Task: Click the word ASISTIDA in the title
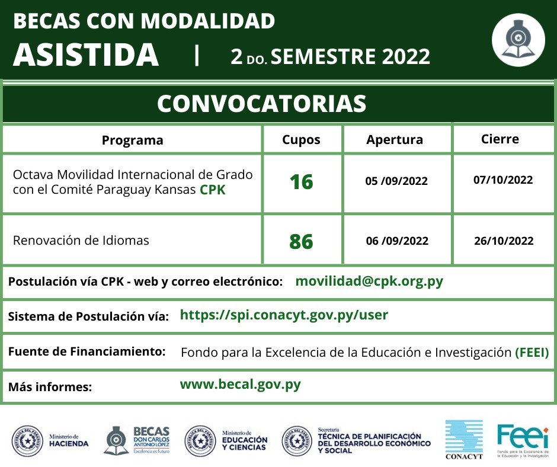(x=86, y=55)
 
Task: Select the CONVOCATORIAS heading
(x=261, y=103)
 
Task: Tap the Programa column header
(x=132, y=140)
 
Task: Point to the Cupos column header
(x=301, y=140)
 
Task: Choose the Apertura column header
(x=395, y=140)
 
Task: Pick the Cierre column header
(x=500, y=139)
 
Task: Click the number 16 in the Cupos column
(x=301, y=181)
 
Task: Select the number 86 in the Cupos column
(x=301, y=241)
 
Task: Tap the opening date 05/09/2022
(x=396, y=181)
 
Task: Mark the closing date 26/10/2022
(x=504, y=241)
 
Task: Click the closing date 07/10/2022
(x=503, y=180)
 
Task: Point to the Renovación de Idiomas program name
(x=81, y=240)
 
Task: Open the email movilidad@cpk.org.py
(x=369, y=281)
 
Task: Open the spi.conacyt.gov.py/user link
(x=284, y=315)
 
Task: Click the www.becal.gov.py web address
(x=240, y=384)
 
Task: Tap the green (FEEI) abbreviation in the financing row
(x=536, y=353)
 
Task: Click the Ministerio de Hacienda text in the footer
(x=69, y=440)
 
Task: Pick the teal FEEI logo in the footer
(x=523, y=439)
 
